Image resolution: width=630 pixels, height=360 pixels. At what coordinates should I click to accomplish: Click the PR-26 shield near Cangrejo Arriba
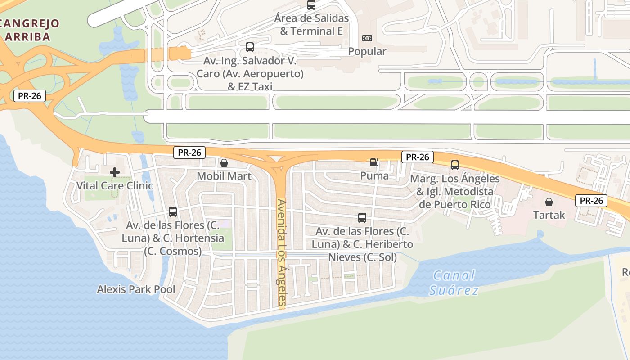coord(30,95)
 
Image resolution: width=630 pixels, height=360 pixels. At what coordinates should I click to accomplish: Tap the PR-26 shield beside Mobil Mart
coord(189,153)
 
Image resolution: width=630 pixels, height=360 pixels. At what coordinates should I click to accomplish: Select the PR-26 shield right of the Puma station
coord(418,157)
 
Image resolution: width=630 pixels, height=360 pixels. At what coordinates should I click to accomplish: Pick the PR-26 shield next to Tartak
coord(591,201)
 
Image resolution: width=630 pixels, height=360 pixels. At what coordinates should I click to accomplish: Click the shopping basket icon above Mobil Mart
coord(224,162)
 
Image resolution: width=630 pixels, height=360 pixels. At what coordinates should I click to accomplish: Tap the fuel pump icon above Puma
coord(374,162)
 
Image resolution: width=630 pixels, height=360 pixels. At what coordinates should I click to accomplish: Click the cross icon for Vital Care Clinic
coord(115,172)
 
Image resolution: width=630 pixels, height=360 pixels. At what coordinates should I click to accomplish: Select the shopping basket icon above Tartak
coord(549,202)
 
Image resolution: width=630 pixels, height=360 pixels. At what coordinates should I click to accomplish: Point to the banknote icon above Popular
coord(367,38)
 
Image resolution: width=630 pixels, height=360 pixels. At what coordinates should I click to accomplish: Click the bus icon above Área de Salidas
coord(311,5)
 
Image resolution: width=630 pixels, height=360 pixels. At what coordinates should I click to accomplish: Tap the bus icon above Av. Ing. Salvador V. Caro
coord(250,47)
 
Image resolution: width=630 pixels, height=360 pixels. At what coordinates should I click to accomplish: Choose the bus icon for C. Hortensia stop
coord(172,211)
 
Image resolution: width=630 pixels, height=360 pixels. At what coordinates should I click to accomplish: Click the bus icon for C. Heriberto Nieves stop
coord(362,218)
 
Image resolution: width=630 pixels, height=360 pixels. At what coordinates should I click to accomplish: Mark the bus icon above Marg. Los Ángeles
coord(455,165)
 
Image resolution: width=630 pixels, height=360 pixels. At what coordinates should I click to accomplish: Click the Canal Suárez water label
coord(453,283)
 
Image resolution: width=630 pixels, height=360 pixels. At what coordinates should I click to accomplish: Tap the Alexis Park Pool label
coord(136,289)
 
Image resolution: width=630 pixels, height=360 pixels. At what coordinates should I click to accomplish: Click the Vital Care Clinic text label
coord(115,185)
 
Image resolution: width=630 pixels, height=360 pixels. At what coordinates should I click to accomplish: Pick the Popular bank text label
coord(367,51)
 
